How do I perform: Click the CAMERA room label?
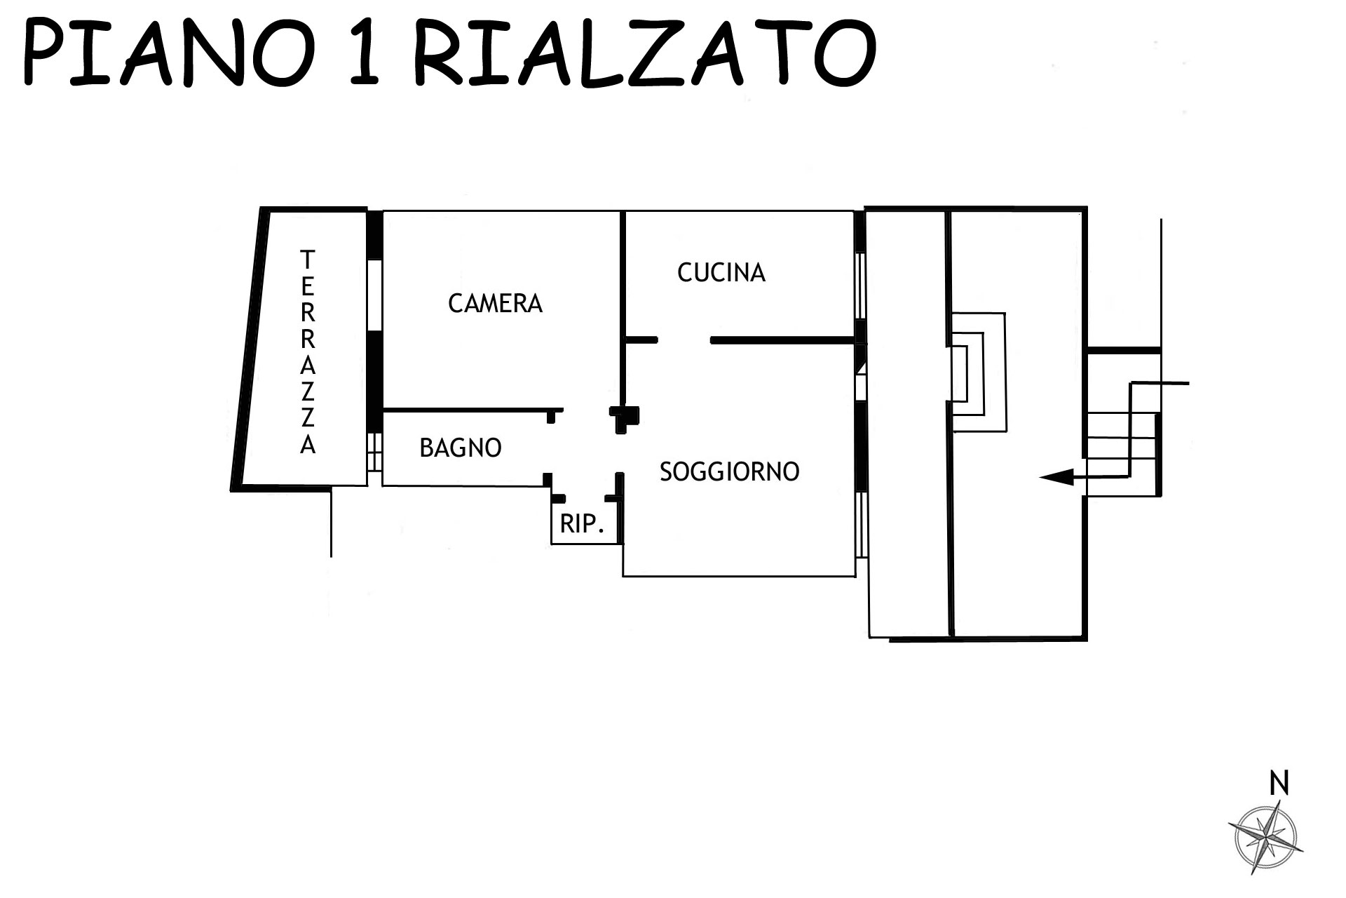(495, 303)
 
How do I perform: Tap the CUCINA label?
(721, 272)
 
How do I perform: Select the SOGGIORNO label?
(729, 471)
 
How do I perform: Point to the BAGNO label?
(461, 448)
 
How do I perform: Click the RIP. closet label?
(582, 523)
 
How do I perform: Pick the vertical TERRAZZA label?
(308, 352)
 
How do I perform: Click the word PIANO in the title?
(168, 53)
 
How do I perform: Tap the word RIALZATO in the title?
(645, 53)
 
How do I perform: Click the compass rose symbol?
(1266, 838)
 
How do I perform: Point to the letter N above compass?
(1279, 784)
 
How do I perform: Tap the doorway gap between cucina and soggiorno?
(684, 340)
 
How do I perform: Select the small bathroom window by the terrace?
(374, 451)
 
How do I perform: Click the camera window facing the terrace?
(375, 295)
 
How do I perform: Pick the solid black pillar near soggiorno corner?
(623, 417)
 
